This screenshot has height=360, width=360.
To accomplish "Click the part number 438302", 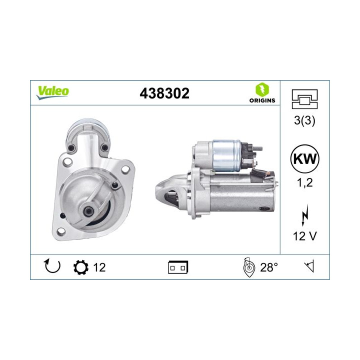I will pyautogui.click(x=165, y=93).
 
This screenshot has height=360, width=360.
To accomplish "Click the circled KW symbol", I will pyautogui.click(x=304, y=160).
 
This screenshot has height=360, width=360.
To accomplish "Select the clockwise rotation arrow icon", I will pyautogui.click(x=51, y=266).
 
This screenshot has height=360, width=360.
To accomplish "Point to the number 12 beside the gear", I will pyautogui.click(x=99, y=267).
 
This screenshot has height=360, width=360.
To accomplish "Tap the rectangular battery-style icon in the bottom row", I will pyautogui.click(x=178, y=267).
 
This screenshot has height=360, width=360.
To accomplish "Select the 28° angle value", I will pyautogui.click(x=268, y=267).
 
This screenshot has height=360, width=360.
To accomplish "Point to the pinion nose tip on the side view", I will pyautogui.click(x=159, y=189).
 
